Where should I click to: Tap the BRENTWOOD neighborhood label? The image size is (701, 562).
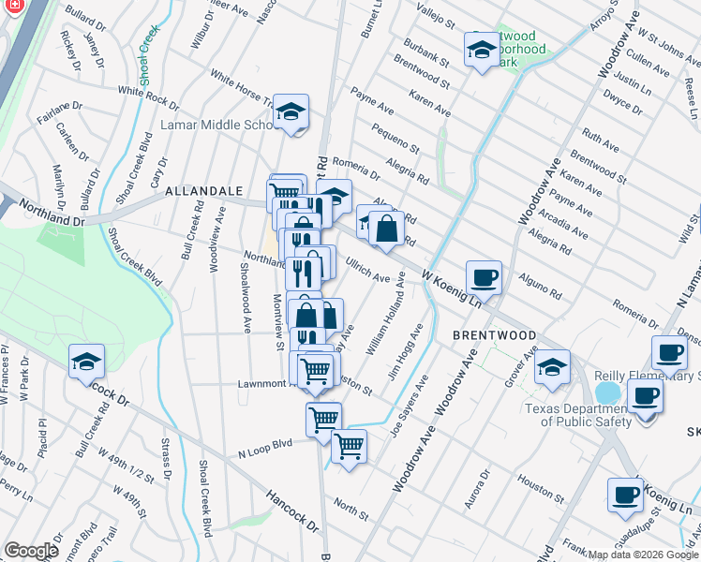[x=495, y=334]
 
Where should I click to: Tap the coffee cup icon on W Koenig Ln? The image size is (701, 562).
[x=484, y=277]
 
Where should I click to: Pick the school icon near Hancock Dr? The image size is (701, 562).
[x=86, y=361]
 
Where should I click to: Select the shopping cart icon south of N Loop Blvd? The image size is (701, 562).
[x=349, y=446]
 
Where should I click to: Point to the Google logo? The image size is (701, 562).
[x=31, y=551]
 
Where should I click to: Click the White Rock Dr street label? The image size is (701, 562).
[x=148, y=96]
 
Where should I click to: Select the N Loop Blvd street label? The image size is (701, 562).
[x=265, y=449]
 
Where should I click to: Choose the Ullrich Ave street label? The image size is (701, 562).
[x=368, y=272]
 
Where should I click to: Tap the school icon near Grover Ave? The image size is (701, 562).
[x=552, y=368]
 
